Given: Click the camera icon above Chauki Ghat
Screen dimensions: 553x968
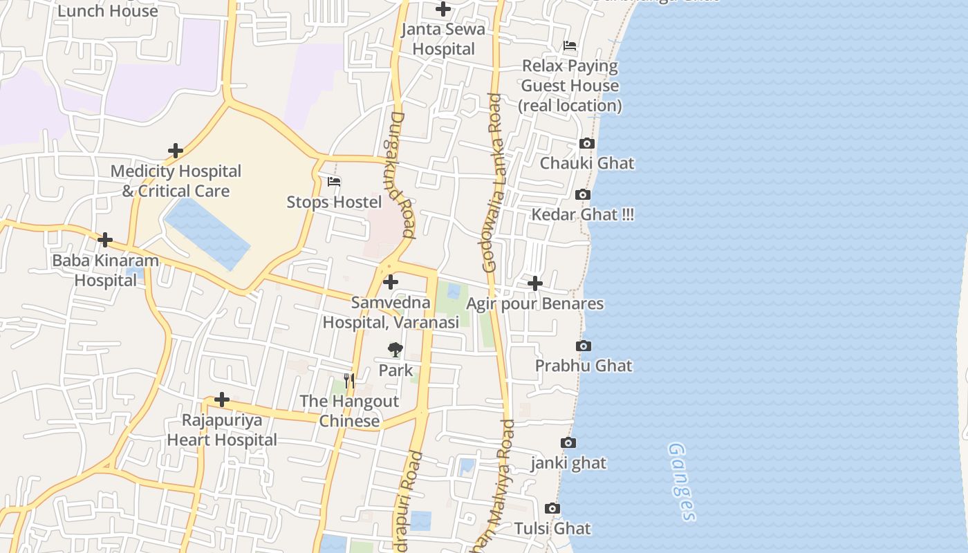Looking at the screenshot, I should point(586,143).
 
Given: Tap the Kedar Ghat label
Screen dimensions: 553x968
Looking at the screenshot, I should point(581,214).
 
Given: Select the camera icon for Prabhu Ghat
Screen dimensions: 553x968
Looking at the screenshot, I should point(583,346).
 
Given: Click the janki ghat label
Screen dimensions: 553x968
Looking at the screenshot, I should point(568,462).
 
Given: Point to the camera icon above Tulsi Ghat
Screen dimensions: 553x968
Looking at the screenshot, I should point(552,509).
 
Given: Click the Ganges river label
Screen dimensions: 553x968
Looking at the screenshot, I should point(681,481).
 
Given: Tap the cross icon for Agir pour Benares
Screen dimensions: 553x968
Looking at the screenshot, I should point(534,283).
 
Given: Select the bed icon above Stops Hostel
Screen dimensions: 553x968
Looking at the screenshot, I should point(334,182).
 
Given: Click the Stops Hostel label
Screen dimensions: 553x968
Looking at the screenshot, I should point(334,202).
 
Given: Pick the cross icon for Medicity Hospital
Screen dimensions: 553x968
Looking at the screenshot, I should point(176,151).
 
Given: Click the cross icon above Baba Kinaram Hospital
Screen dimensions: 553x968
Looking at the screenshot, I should point(105,240).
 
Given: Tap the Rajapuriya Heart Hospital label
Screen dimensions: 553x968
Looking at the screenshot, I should point(222,430).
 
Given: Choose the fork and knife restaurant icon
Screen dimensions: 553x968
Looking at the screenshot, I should point(349,381).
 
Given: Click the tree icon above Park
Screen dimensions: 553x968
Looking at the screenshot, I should point(395,350).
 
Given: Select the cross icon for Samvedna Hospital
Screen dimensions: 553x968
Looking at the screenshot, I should point(391,282).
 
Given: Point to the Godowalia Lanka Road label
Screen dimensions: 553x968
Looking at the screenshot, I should point(492,183).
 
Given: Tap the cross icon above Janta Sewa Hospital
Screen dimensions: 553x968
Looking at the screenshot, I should point(443,9).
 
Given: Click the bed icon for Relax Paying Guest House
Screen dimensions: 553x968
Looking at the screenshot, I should point(570,46).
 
